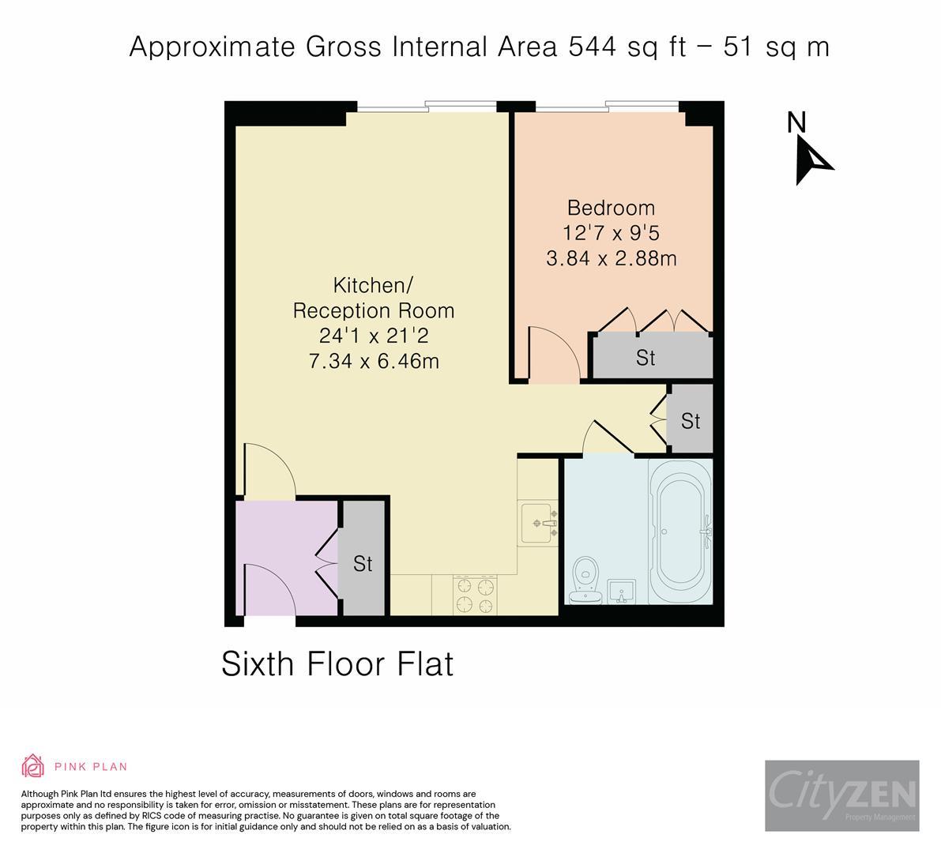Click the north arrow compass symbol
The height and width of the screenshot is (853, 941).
click(812, 159)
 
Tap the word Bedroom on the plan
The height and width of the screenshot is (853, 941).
click(611, 208)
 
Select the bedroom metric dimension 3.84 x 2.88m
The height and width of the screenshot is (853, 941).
click(611, 258)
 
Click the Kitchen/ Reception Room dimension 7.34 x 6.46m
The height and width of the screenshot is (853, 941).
click(373, 361)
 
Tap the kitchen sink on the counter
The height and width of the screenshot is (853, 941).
click(540, 523)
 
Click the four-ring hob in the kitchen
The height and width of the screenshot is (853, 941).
click(474, 595)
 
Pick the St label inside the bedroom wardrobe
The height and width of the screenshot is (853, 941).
click(646, 358)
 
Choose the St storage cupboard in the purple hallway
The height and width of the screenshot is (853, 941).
click(363, 563)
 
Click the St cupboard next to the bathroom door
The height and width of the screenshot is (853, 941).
click(691, 421)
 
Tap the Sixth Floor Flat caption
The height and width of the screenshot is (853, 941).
click(337, 663)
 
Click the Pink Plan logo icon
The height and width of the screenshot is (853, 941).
click(33, 765)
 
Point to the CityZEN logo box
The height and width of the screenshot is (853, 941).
click(841, 795)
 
